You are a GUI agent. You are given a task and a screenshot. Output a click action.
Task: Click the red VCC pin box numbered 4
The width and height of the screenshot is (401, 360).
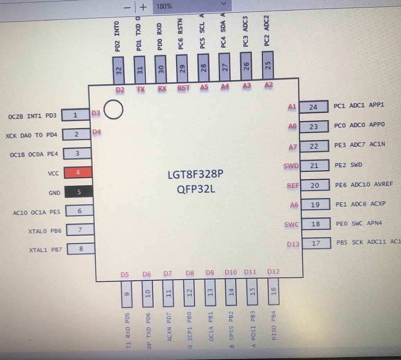point(78,172)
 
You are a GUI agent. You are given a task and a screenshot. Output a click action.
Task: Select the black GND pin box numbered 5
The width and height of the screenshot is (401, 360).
point(79,192)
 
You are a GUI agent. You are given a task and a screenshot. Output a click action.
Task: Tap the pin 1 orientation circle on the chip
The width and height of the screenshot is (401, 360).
point(113,110)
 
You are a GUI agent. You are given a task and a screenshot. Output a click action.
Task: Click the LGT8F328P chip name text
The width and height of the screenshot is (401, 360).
point(195,175)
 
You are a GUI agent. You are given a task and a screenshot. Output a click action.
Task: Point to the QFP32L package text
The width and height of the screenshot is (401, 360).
point(196,189)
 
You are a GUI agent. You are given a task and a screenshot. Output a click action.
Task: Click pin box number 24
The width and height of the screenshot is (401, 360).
point(313,107)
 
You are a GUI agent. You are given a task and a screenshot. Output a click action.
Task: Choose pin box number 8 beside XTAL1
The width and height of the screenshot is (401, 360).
point(81,248)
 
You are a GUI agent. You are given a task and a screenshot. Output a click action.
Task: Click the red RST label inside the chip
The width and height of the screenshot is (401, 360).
point(183,87)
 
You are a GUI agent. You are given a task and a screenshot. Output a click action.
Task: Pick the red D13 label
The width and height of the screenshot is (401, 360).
point(293,244)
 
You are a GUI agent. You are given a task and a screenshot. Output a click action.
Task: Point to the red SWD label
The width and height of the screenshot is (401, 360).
point(291,166)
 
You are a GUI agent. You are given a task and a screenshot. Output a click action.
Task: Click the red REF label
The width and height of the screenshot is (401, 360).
point(293,185)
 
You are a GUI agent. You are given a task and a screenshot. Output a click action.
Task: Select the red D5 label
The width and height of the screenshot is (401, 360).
point(125,275)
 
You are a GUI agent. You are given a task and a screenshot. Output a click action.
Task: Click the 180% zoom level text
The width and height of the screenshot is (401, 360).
point(164,6)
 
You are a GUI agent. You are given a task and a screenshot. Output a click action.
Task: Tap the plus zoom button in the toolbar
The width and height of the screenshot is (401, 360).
point(143,7)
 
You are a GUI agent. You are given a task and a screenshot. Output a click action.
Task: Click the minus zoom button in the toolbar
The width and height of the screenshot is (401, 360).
point(127,7)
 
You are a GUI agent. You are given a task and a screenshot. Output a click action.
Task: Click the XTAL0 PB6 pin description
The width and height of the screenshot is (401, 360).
point(45,230)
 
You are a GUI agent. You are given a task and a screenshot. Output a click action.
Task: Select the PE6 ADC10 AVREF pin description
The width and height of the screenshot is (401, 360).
point(364,185)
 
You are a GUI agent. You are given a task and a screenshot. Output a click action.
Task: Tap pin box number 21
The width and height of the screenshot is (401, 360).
point(314,166)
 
